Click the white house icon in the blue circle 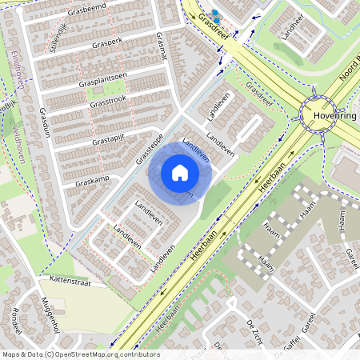(x=180, y=173)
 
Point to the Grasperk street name (x=106, y=42)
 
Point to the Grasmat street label (x=162, y=44)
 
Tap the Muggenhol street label (x=49, y=314)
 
